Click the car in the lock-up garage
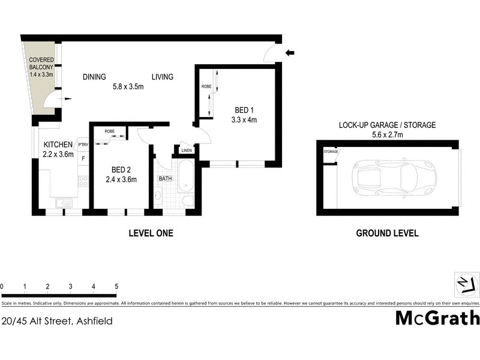(x=396, y=178)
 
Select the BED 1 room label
(x=244, y=115)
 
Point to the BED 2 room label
(x=121, y=174)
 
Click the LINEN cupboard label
(x=187, y=150)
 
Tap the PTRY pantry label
(x=83, y=145)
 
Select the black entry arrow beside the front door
(x=290, y=53)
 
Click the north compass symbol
(x=467, y=283)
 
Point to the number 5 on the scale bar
(x=116, y=287)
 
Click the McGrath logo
(x=437, y=317)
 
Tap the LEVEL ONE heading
(x=151, y=233)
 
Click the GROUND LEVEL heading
(x=387, y=233)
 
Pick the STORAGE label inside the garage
(x=331, y=151)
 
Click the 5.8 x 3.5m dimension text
(x=128, y=86)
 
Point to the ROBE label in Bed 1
(x=206, y=86)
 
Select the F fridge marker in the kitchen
(x=83, y=158)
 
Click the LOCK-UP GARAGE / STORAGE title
(x=387, y=125)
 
